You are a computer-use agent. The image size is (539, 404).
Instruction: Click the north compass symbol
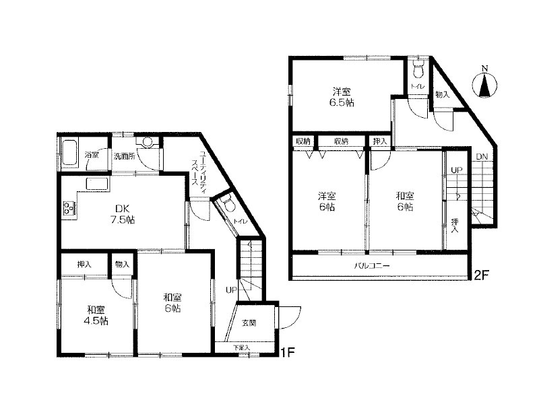pyautogui.click(x=484, y=84)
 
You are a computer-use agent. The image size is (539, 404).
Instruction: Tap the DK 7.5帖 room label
pyautogui.click(x=123, y=213)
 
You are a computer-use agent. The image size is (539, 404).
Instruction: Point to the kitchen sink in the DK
pyautogui.click(x=97, y=184)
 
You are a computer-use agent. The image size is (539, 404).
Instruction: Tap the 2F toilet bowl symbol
pyautogui.click(x=418, y=70)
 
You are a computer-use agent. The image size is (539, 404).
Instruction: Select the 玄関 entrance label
pyautogui.click(x=249, y=323)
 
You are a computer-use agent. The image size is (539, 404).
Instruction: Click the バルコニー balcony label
pyautogui.click(x=372, y=265)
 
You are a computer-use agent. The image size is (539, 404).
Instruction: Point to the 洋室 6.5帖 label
pyautogui.click(x=342, y=97)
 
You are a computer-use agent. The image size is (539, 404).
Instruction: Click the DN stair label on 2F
pyautogui.click(x=482, y=157)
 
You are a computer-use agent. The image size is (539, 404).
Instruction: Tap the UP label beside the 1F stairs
pyautogui.click(x=231, y=290)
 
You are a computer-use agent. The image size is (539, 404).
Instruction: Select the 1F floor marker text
pyautogui.click(x=288, y=352)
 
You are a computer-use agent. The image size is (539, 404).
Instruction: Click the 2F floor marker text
pyautogui.click(x=482, y=275)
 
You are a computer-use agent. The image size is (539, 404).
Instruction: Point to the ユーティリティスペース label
pyautogui.click(x=199, y=168)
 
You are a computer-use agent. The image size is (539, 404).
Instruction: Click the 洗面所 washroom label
pyautogui.click(x=125, y=156)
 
